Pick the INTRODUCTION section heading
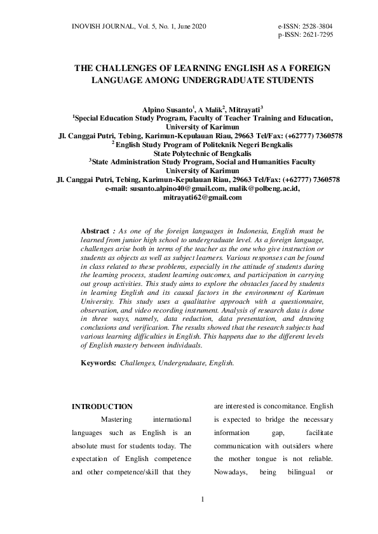click(x=102, y=407)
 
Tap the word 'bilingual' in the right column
click(x=287, y=472)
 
